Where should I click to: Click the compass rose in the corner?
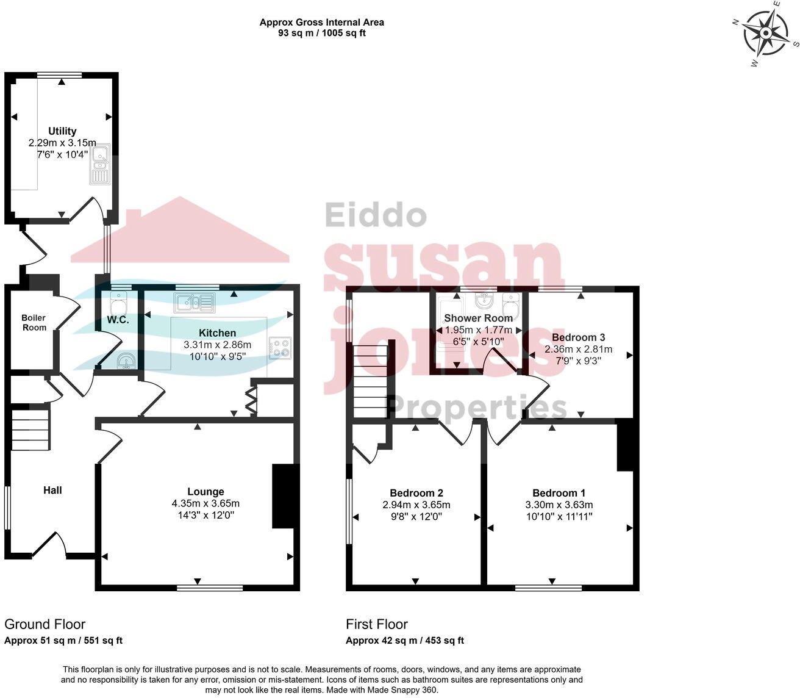click(x=765, y=33)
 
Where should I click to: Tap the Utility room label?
click(x=62, y=131)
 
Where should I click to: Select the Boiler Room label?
click(x=34, y=323)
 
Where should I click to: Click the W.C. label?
click(x=118, y=320)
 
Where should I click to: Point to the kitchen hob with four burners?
click(x=280, y=348)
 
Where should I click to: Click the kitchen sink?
click(x=194, y=301)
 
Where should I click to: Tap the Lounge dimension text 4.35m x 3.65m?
click(x=205, y=503)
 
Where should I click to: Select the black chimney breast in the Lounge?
click(x=285, y=495)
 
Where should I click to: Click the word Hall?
click(x=52, y=490)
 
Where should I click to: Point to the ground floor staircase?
click(x=30, y=430)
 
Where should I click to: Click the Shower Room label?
click(x=478, y=318)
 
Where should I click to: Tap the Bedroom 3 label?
click(x=578, y=337)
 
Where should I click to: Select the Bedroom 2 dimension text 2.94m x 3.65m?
click(x=416, y=505)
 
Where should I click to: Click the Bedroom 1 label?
click(x=559, y=493)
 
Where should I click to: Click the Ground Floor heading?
click(x=45, y=624)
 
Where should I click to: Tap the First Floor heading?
click(x=376, y=624)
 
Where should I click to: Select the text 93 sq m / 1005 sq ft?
click(x=321, y=33)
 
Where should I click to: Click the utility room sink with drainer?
click(x=100, y=164)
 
